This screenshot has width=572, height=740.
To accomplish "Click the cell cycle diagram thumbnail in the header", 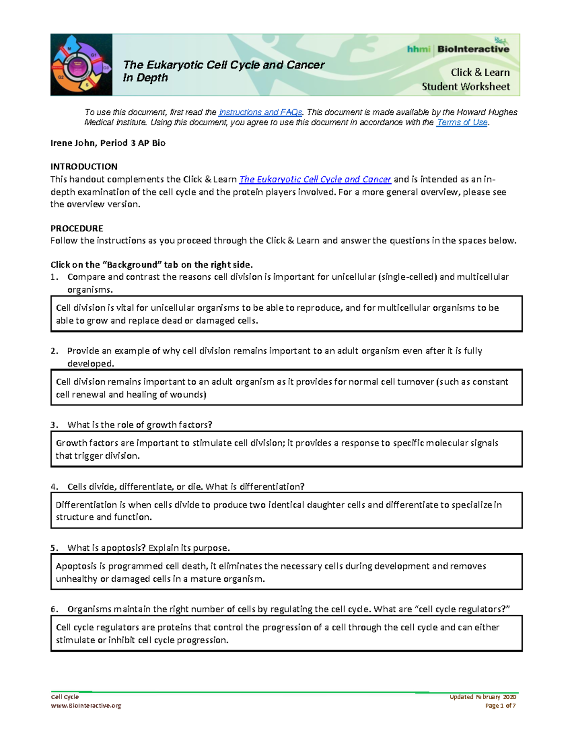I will [x=82, y=65].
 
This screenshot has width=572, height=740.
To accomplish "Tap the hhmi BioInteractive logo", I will [x=458, y=49].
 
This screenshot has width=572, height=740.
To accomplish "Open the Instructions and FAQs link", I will [x=260, y=112].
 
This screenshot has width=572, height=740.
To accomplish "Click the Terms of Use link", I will [x=462, y=122].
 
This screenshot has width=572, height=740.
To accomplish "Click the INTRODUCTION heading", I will [x=84, y=166].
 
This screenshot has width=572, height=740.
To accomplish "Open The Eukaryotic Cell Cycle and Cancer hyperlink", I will [x=315, y=180].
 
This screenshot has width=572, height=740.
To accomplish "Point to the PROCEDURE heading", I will [x=77, y=228].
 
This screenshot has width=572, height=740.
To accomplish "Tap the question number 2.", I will [x=54, y=351].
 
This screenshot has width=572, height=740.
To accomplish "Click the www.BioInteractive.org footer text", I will [x=86, y=706].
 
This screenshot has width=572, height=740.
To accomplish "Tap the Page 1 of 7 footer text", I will [x=500, y=706].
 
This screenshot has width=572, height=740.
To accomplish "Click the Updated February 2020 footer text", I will [x=482, y=697].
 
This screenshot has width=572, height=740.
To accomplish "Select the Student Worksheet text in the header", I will [x=465, y=87].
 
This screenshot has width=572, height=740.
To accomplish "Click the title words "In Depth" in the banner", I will [x=145, y=78].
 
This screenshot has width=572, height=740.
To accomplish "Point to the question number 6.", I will [x=54, y=609].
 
